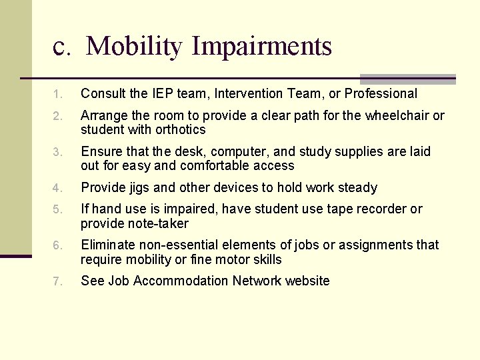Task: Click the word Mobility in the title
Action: click(133, 47)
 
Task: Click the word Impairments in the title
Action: click(261, 47)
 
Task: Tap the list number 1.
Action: click(58, 95)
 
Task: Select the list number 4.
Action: click(58, 189)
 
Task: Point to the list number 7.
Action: click(58, 282)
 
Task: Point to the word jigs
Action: click(138, 188)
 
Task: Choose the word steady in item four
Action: click(358, 187)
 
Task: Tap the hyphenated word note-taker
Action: click(155, 223)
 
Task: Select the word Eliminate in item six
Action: click(107, 245)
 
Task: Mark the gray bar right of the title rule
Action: click(407, 79)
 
